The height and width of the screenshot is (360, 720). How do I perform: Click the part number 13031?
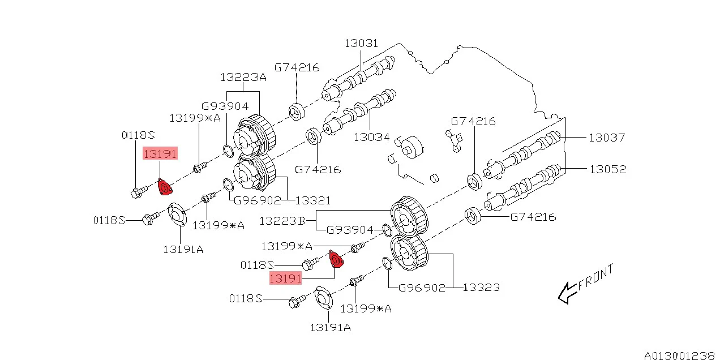tap(362, 44)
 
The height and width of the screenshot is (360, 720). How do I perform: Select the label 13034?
tap(371, 136)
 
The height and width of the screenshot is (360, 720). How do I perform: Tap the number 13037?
tap(607, 137)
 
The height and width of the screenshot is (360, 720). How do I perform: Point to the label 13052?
tap(607, 169)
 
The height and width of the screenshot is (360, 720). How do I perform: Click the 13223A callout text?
tap(243, 77)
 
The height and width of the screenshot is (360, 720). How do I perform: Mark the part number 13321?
tap(312, 200)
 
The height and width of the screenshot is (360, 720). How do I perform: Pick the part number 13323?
tap(481, 287)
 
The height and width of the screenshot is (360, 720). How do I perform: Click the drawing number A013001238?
tap(679, 355)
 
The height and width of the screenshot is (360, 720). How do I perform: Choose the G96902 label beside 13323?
tap(422, 287)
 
